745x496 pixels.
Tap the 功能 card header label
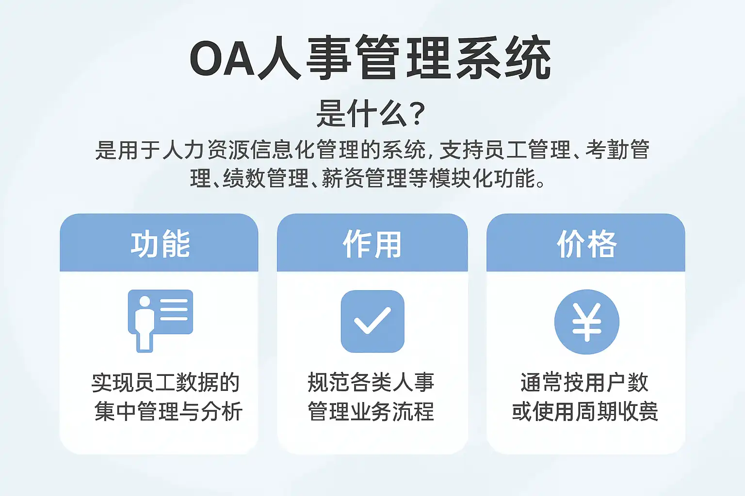click(161, 244)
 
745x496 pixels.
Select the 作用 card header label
click(372, 244)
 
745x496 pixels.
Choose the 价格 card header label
click(587, 244)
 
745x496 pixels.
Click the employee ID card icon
click(161, 321)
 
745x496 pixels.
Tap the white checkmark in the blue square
click(372, 320)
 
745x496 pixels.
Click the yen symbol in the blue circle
click(587, 322)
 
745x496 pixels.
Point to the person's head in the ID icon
click(145, 301)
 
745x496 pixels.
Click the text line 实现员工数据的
click(165, 383)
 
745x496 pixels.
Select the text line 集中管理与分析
click(168, 411)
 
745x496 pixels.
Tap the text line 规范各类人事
click(371, 382)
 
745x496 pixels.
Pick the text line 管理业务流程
click(371, 411)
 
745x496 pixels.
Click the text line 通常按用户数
click(584, 383)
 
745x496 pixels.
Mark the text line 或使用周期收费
click(585, 411)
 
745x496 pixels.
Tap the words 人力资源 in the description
click(206, 150)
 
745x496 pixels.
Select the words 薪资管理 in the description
click(364, 178)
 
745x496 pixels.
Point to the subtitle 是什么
click(362, 114)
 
